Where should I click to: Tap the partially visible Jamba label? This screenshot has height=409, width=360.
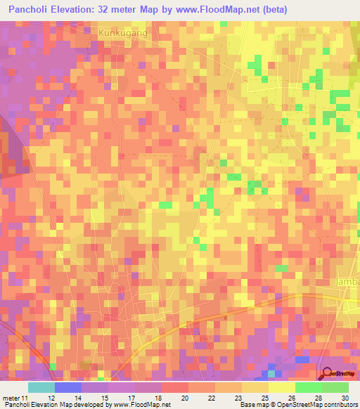347,283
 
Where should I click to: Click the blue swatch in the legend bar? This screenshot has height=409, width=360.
67,387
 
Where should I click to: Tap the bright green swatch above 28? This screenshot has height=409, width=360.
308,387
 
